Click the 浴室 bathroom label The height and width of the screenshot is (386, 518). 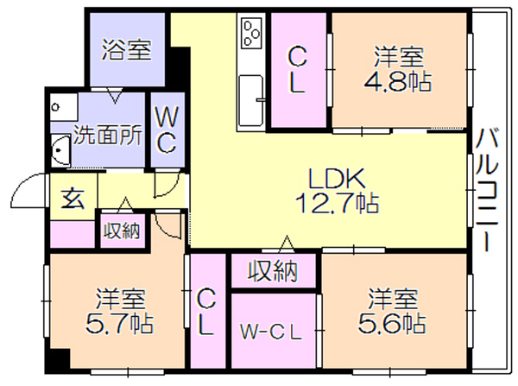126,50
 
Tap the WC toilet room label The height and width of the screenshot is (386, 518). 167,130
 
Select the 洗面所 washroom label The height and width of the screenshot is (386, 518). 108,135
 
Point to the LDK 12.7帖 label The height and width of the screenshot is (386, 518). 337,191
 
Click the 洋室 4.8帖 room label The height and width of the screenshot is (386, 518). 398,69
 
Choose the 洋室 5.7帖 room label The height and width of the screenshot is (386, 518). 120,311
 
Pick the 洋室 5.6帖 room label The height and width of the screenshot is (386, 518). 392,310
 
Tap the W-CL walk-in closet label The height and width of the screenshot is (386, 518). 271,332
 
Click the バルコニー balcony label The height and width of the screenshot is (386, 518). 487,189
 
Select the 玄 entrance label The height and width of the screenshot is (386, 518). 73,199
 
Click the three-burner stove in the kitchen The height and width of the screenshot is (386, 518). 251,33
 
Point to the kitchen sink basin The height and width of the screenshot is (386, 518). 251,101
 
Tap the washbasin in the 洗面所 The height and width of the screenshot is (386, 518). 60,150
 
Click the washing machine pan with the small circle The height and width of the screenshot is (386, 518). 64,107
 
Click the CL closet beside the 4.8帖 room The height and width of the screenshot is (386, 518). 297,70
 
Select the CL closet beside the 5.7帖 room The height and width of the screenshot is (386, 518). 207,312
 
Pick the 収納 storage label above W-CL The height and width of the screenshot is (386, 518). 273,271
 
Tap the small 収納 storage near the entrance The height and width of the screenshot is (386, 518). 122,231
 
